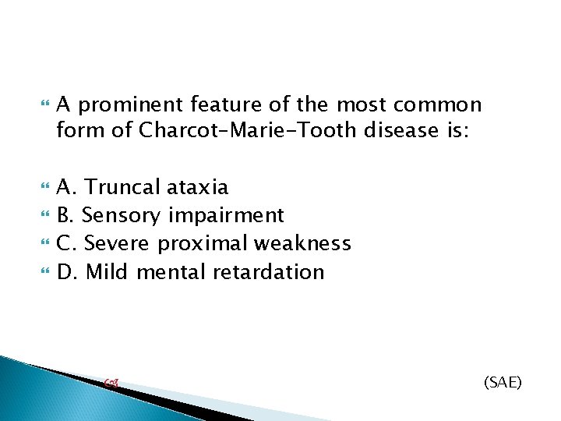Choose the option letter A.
coord(65,187)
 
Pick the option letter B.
coord(65,215)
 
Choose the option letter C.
coord(65,243)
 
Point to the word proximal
coord(205,243)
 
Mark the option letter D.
coord(66,271)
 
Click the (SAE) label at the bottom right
coord(503,382)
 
